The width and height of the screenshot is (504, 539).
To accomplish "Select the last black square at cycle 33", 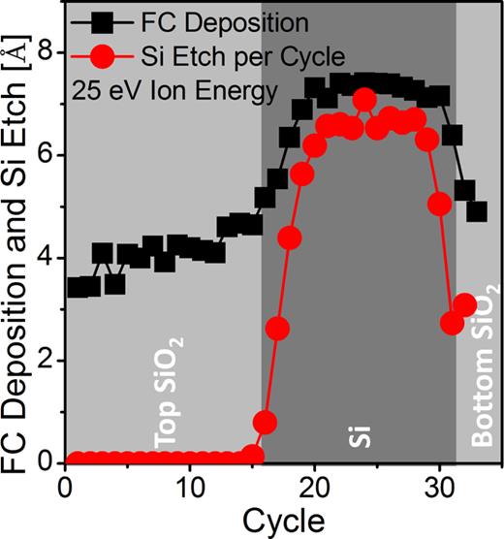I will (x=476, y=211).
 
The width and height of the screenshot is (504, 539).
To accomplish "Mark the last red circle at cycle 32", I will (x=464, y=305).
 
